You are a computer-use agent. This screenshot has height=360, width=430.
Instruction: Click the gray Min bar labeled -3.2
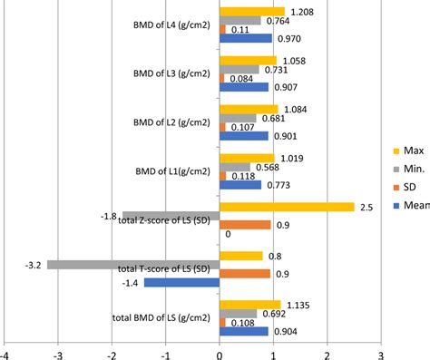point(132,265)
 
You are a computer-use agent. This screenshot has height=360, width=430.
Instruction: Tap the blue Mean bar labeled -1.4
point(181,283)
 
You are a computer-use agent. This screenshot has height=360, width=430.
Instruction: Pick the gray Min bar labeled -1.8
point(171,216)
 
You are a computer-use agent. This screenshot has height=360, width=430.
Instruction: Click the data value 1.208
point(301,12)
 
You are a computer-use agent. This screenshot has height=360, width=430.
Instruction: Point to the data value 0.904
point(287,332)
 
